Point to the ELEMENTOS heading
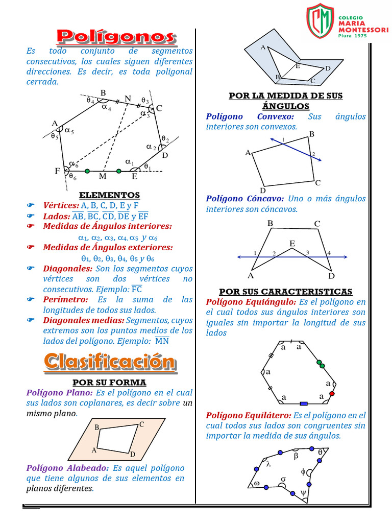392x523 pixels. coord(109,195)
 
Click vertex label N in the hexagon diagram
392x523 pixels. coord(127,98)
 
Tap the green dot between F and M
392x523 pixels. coord(87,171)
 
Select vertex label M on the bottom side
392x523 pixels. coord(103,177)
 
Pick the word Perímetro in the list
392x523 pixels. coord(65,299)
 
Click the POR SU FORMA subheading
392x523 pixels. coord(109,382)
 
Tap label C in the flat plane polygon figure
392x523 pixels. coord(141,424)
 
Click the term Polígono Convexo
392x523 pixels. coord(250,116)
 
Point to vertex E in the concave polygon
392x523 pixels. coord(292,244)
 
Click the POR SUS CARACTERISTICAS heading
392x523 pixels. coord(285,291)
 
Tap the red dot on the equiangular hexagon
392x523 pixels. coord(332,394)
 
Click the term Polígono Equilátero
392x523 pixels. coord(249,415)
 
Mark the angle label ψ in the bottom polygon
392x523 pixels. coord(303,493)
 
